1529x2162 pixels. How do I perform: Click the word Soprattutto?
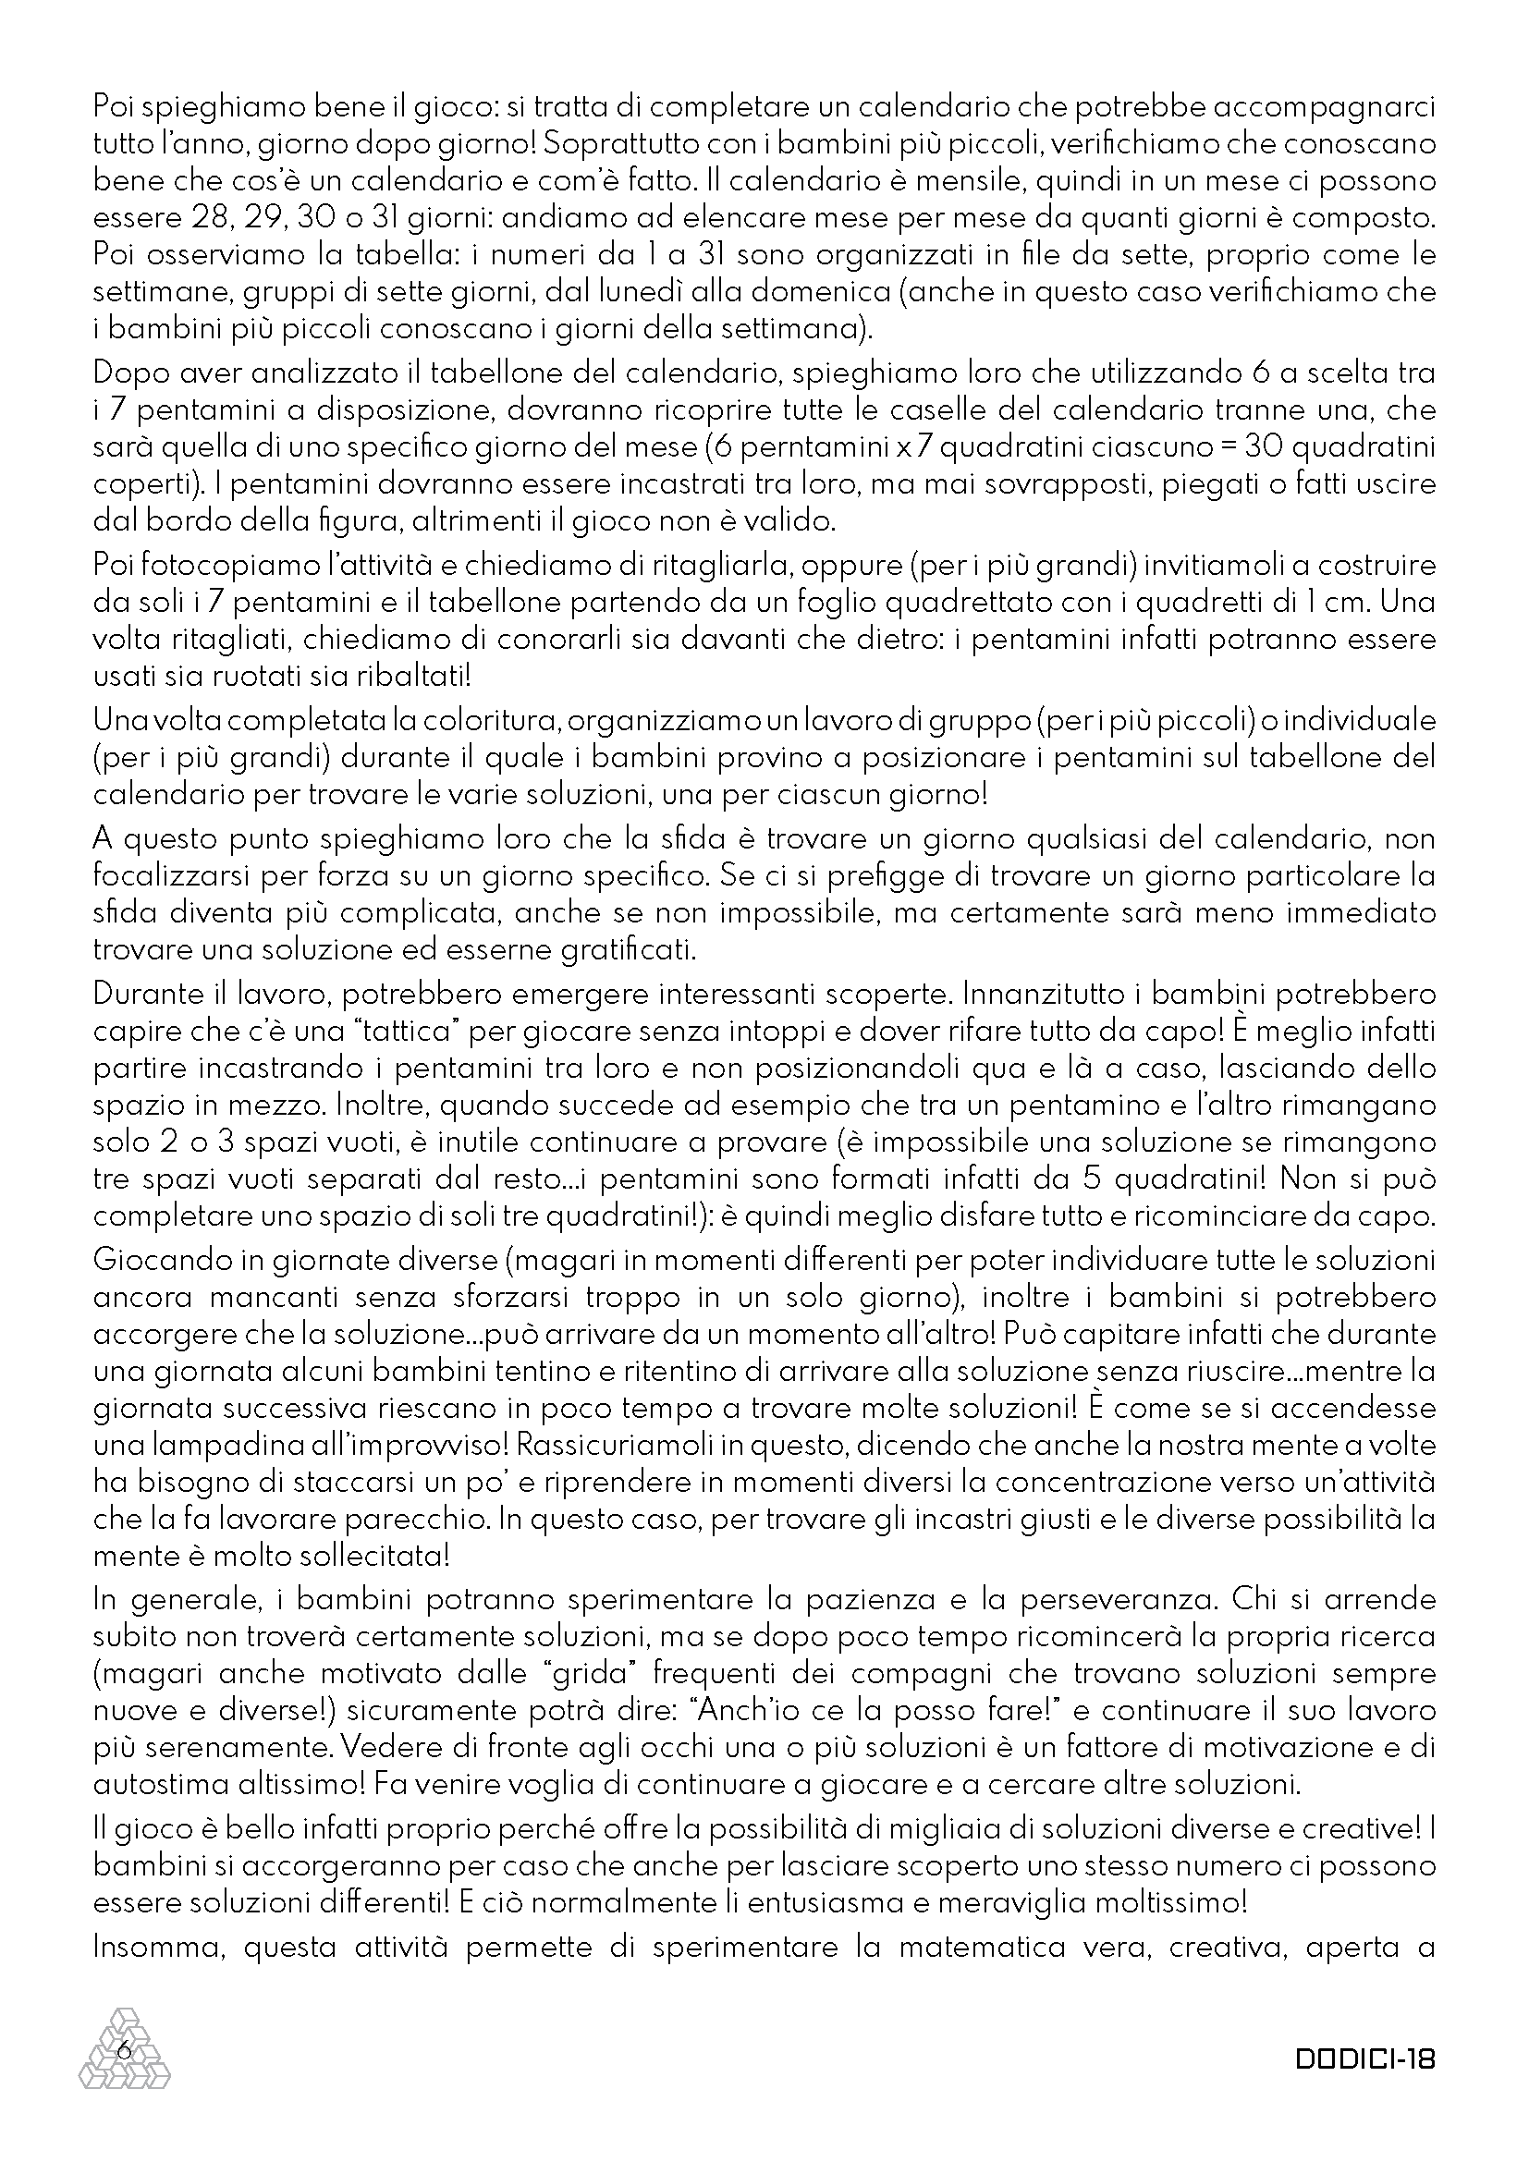point(632,144)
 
